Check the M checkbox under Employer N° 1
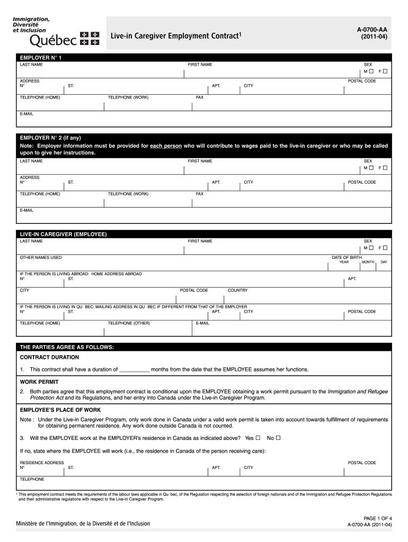371,71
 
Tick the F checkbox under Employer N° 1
385,71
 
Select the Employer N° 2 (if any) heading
50,137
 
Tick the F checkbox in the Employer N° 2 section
385,167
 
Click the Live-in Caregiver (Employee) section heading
64,234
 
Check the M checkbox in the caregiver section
371,248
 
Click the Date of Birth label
347,257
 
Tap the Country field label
237,290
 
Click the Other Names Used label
41,257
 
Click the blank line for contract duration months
135,370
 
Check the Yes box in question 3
258,438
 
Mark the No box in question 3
278,438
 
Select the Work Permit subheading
39,382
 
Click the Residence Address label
42,463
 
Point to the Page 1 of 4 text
377,518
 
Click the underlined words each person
166,146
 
